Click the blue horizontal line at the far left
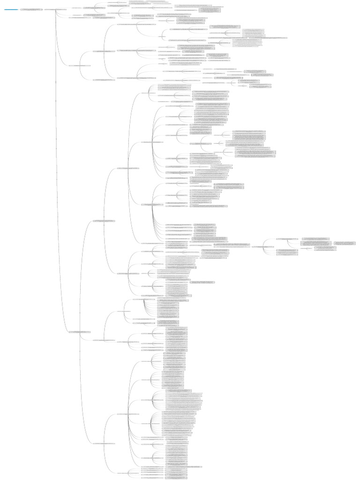(11, 9)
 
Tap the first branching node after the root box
(55, 9)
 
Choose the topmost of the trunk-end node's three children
(104, 220)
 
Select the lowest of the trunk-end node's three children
(104, 443)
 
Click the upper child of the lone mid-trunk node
(104, 51)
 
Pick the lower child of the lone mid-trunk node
(104, 80)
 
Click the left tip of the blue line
(4, 9)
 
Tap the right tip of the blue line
(18, 9)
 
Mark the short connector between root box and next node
(43, 9)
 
